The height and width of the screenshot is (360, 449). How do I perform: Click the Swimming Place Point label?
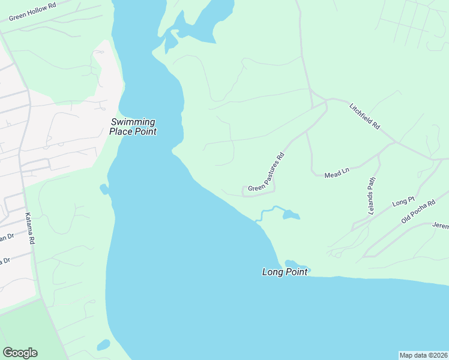(133, 127)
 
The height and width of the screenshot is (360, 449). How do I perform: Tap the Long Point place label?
(285, 272)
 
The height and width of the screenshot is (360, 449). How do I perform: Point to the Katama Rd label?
(30, 228)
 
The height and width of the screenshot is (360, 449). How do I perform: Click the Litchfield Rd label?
(365, 116)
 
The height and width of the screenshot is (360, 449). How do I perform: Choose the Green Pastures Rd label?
(266, 173)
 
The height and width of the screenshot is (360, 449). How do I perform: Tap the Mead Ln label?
(337, 173)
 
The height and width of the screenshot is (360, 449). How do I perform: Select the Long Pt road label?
(403, 202)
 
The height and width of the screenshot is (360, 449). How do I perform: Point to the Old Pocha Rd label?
(418, 211)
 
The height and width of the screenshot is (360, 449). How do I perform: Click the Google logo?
(20, 353)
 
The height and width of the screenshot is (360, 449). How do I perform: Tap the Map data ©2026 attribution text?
(423, 355)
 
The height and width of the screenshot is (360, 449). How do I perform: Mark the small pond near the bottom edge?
(104, 345)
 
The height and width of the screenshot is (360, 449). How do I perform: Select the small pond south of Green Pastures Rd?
(291, 214)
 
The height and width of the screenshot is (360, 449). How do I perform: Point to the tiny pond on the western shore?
(104, 190)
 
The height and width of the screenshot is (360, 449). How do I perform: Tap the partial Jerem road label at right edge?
(440, 226)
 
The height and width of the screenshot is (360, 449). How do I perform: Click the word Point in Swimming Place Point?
(144, 131)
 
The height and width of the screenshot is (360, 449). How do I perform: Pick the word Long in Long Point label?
(273, 272)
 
